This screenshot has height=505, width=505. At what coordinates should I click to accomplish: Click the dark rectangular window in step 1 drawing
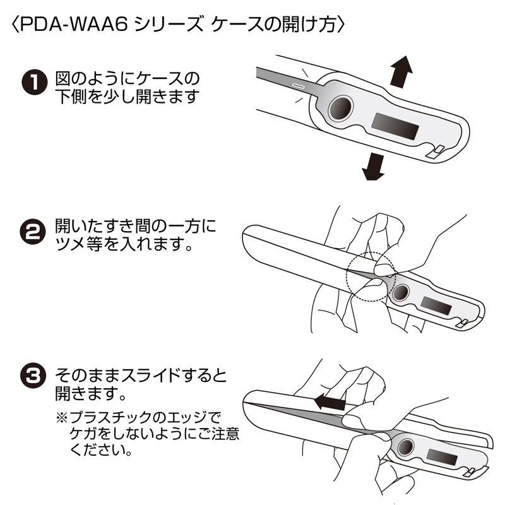pos(396,128)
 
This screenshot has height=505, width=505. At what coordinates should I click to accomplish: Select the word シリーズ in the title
pos(162,25)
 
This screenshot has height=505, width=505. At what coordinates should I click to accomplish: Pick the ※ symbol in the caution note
pos(61,419)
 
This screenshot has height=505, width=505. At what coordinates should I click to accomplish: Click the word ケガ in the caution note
pos(85,436)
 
